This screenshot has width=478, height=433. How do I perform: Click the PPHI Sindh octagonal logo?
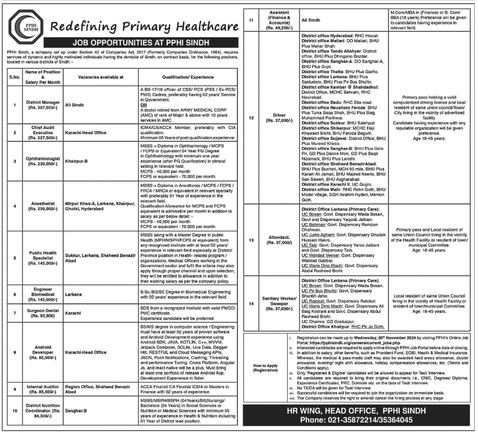point(26,26)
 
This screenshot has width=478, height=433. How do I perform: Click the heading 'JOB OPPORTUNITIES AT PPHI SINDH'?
point(141,43)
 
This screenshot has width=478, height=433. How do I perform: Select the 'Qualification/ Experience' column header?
point(188,77)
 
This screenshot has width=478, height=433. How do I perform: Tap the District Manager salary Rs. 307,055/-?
point(43,108)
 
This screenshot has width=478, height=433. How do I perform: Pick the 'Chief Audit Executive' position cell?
point(43,133)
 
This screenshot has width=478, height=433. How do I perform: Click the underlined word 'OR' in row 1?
point(143,105)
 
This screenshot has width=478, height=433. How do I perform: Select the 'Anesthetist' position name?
point(43,204)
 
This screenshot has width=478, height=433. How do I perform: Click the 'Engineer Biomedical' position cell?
point(43,294)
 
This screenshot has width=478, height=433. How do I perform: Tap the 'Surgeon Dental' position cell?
point(43,313)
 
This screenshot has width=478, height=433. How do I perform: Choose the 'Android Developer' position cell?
point(43,352)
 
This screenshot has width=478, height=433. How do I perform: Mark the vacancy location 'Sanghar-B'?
point(76,411)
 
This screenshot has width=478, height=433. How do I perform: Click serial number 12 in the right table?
point(251,118)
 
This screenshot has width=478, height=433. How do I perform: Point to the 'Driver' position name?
point(279,115)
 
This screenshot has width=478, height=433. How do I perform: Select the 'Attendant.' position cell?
point(279,240)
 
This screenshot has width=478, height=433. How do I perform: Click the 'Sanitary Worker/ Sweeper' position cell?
point(279,304)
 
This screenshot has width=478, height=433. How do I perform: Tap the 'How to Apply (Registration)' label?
point(265,368)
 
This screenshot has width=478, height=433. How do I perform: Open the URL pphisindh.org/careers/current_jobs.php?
point(336,343)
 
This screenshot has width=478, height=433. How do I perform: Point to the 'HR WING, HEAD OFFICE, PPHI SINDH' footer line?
point(356,411)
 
